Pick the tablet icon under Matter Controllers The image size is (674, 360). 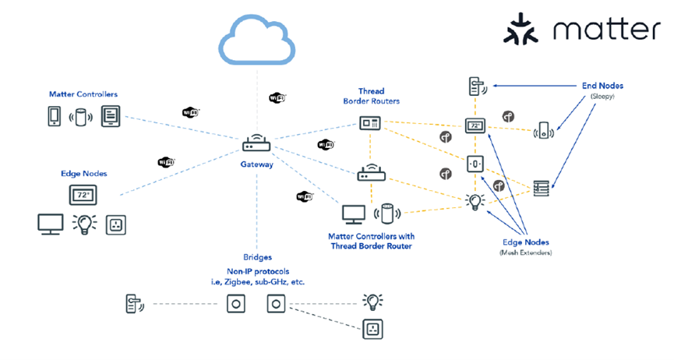110,117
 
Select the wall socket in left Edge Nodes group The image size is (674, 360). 115,224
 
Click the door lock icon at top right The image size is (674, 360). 474,86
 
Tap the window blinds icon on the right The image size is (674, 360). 541,187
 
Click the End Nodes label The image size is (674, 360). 602,86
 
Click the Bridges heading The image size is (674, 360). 257,257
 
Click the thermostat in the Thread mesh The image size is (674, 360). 475,125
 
